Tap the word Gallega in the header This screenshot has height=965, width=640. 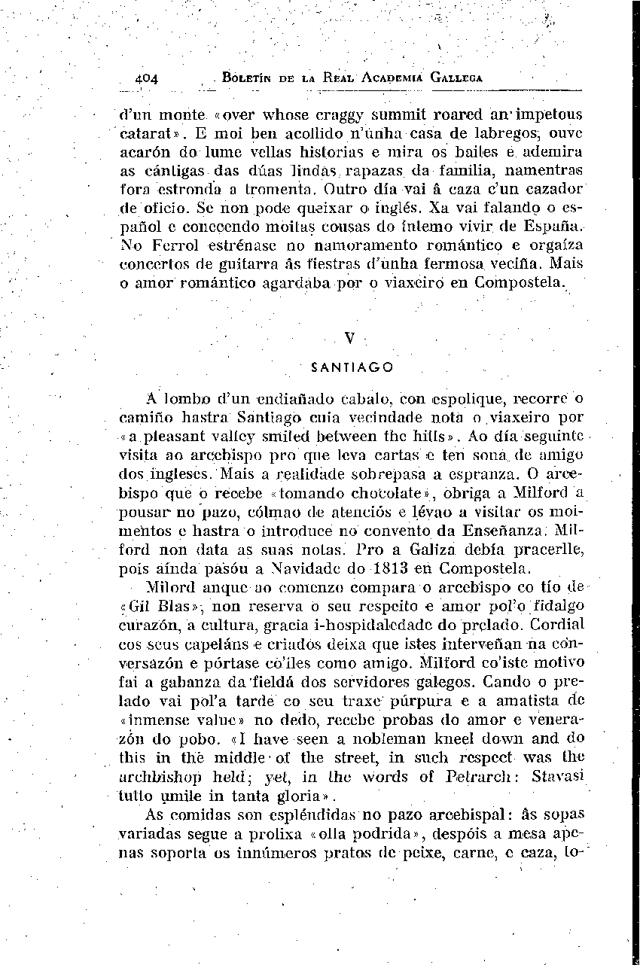pos(456,78)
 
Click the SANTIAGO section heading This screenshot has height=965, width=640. pos(352,368)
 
